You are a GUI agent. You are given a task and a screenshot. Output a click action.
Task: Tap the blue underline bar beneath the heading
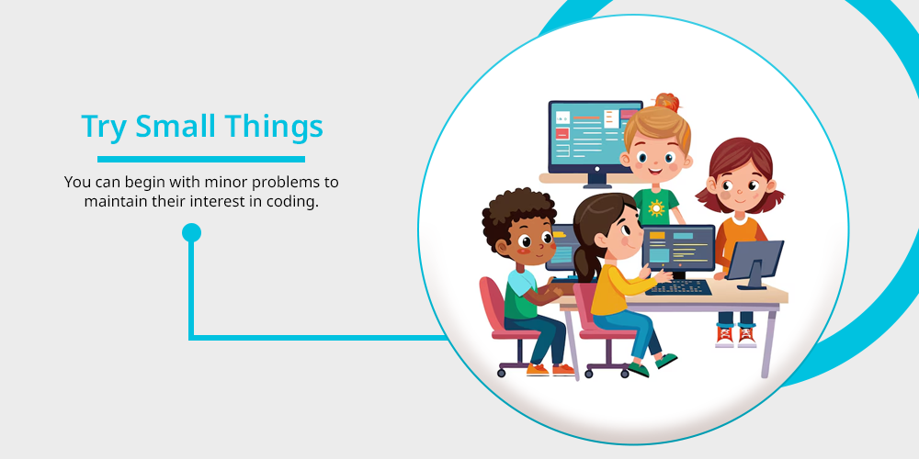click(x=201, y=159)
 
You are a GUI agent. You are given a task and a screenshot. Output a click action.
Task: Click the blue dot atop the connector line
click(x=191, y=232)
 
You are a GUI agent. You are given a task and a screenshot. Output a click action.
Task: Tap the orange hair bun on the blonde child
click(x=667, y=103)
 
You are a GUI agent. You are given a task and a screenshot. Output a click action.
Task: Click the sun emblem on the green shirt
click(x=656, y=207)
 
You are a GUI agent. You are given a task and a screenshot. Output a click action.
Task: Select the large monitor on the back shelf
click(x=595, y=140)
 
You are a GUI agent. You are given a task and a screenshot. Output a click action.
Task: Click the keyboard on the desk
click(x=679, y=286)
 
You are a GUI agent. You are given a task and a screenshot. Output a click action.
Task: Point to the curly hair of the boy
click(x=516, y=212)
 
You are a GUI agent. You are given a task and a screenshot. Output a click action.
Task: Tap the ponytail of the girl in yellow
click(x=584, y=263)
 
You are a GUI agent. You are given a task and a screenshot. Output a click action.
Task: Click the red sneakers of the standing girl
click(x=735, y=336)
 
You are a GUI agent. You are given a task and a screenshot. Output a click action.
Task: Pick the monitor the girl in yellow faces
click(x=678, y=248)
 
